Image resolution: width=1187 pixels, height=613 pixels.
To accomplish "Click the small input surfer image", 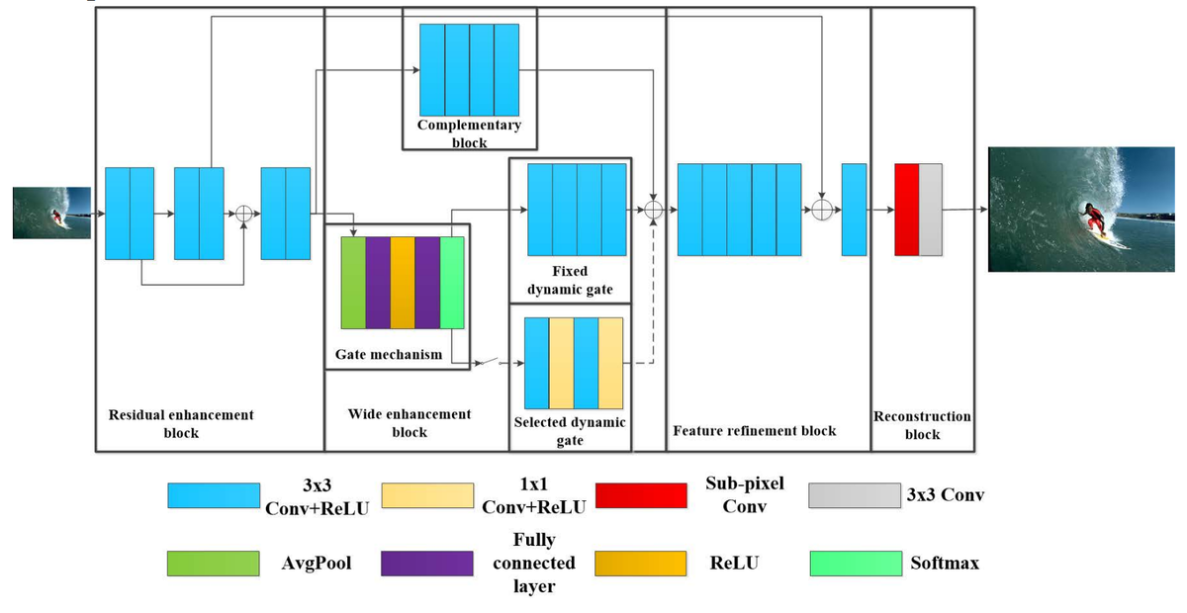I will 51,213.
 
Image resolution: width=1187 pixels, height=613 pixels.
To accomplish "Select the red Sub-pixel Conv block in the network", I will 906,211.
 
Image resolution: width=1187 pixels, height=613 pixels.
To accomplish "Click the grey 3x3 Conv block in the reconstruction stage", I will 931,211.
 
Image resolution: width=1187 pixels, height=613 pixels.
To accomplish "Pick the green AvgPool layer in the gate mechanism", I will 353,283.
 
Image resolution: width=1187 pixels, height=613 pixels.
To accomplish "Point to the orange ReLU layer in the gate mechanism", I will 403,283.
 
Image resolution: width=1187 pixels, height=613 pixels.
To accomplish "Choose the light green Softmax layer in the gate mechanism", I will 452,283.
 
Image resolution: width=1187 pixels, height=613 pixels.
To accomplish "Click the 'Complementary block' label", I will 469,133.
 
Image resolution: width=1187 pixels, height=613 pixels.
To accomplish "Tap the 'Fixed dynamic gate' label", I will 569,280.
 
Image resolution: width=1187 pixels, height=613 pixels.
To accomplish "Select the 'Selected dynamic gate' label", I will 569,431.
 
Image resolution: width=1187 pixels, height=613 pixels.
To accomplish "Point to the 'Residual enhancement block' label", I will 181,423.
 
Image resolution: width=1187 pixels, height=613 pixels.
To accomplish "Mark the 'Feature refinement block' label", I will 754,431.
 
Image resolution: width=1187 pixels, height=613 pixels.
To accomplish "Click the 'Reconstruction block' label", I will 922,425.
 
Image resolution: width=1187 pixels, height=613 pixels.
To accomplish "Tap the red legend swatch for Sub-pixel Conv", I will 642,495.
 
